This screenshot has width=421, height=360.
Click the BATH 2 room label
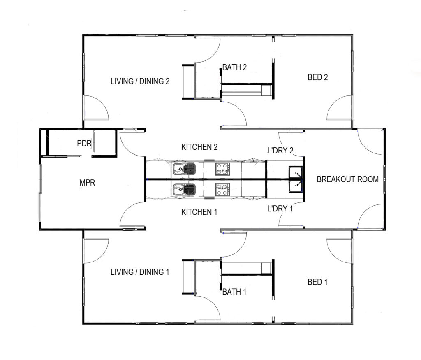coord(234,67)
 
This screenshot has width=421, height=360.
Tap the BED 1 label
coord(318,282)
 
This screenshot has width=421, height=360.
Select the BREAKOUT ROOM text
coord(347,179)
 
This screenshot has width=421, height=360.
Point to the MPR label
coord(87,183)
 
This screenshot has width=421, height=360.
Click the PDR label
coord(84,144)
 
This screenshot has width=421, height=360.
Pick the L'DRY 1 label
coord(280,209)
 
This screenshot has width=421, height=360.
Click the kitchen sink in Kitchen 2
coord(184,168)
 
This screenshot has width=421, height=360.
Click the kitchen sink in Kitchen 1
coord(184,190)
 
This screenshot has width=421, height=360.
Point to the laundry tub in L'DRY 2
coord(296,172)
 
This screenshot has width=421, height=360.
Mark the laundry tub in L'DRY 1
coord(296,187)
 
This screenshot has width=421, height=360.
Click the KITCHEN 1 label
coord(199,212)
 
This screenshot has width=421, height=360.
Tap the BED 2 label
coord(318,77)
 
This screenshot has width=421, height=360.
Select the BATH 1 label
coord(234,292)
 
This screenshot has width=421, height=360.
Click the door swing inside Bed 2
coord(340,108)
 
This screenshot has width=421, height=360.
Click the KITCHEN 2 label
coord(199,147)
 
